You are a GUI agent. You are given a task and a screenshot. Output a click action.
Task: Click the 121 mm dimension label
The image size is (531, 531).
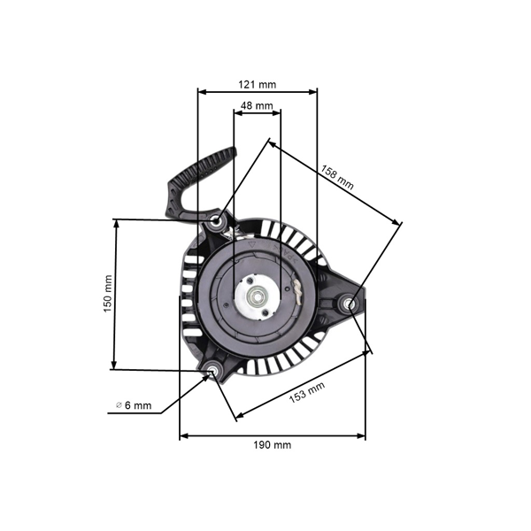(x=257, y=84)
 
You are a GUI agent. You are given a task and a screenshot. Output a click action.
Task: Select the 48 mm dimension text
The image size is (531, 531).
(x=257, y=105)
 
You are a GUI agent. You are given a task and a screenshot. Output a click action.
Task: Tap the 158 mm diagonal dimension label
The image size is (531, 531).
(x=337, y=177)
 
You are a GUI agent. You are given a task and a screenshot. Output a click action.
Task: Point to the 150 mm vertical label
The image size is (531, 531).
(x=108, y=294)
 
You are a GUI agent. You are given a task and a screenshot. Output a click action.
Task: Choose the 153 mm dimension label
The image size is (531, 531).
(x=307, y=392)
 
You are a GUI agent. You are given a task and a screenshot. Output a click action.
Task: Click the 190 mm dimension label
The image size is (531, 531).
(x=273, y=444)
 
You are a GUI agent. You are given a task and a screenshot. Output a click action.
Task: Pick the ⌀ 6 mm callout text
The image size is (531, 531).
(x=134, y=405)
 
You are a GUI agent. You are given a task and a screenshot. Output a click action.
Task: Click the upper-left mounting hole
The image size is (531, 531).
(x=215, y=222)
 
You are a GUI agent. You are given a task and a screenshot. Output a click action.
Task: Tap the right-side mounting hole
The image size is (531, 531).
(x=350, y=304)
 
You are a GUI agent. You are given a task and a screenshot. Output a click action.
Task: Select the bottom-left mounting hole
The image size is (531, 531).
(x=213, y=370)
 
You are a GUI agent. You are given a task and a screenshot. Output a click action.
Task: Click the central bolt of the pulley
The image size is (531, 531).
(x=258, y=296)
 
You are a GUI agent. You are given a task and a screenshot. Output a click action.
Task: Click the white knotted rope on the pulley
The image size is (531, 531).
(x=297, y=292)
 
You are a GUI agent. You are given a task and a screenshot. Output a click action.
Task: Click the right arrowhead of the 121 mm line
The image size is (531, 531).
(x=313, y=92)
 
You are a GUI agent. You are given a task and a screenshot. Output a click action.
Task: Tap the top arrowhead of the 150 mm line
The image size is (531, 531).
(x=116, y=224)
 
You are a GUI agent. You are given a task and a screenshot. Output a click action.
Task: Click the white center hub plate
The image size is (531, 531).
(x=258, y=297)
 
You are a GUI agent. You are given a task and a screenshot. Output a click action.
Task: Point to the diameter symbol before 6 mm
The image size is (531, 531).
(x=119, y=405)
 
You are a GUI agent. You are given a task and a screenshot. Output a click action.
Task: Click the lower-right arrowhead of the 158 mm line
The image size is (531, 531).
(x=396, y=221)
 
